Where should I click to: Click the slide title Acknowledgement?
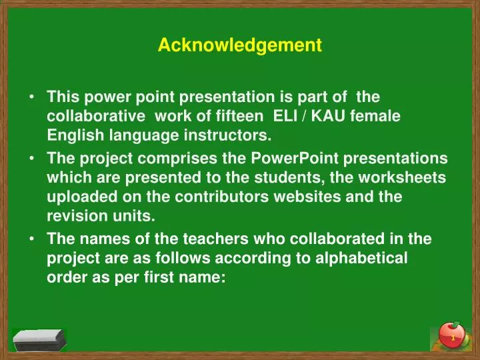click(x=240, y=45)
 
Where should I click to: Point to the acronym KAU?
click(x=323, y=116)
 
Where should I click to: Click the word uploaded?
click(x=75, y=198)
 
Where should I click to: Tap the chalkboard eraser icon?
click(x=40, y=340)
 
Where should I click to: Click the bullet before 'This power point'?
click(x=32, y=97)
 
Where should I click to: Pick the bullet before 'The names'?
click(x=32, y=238)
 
